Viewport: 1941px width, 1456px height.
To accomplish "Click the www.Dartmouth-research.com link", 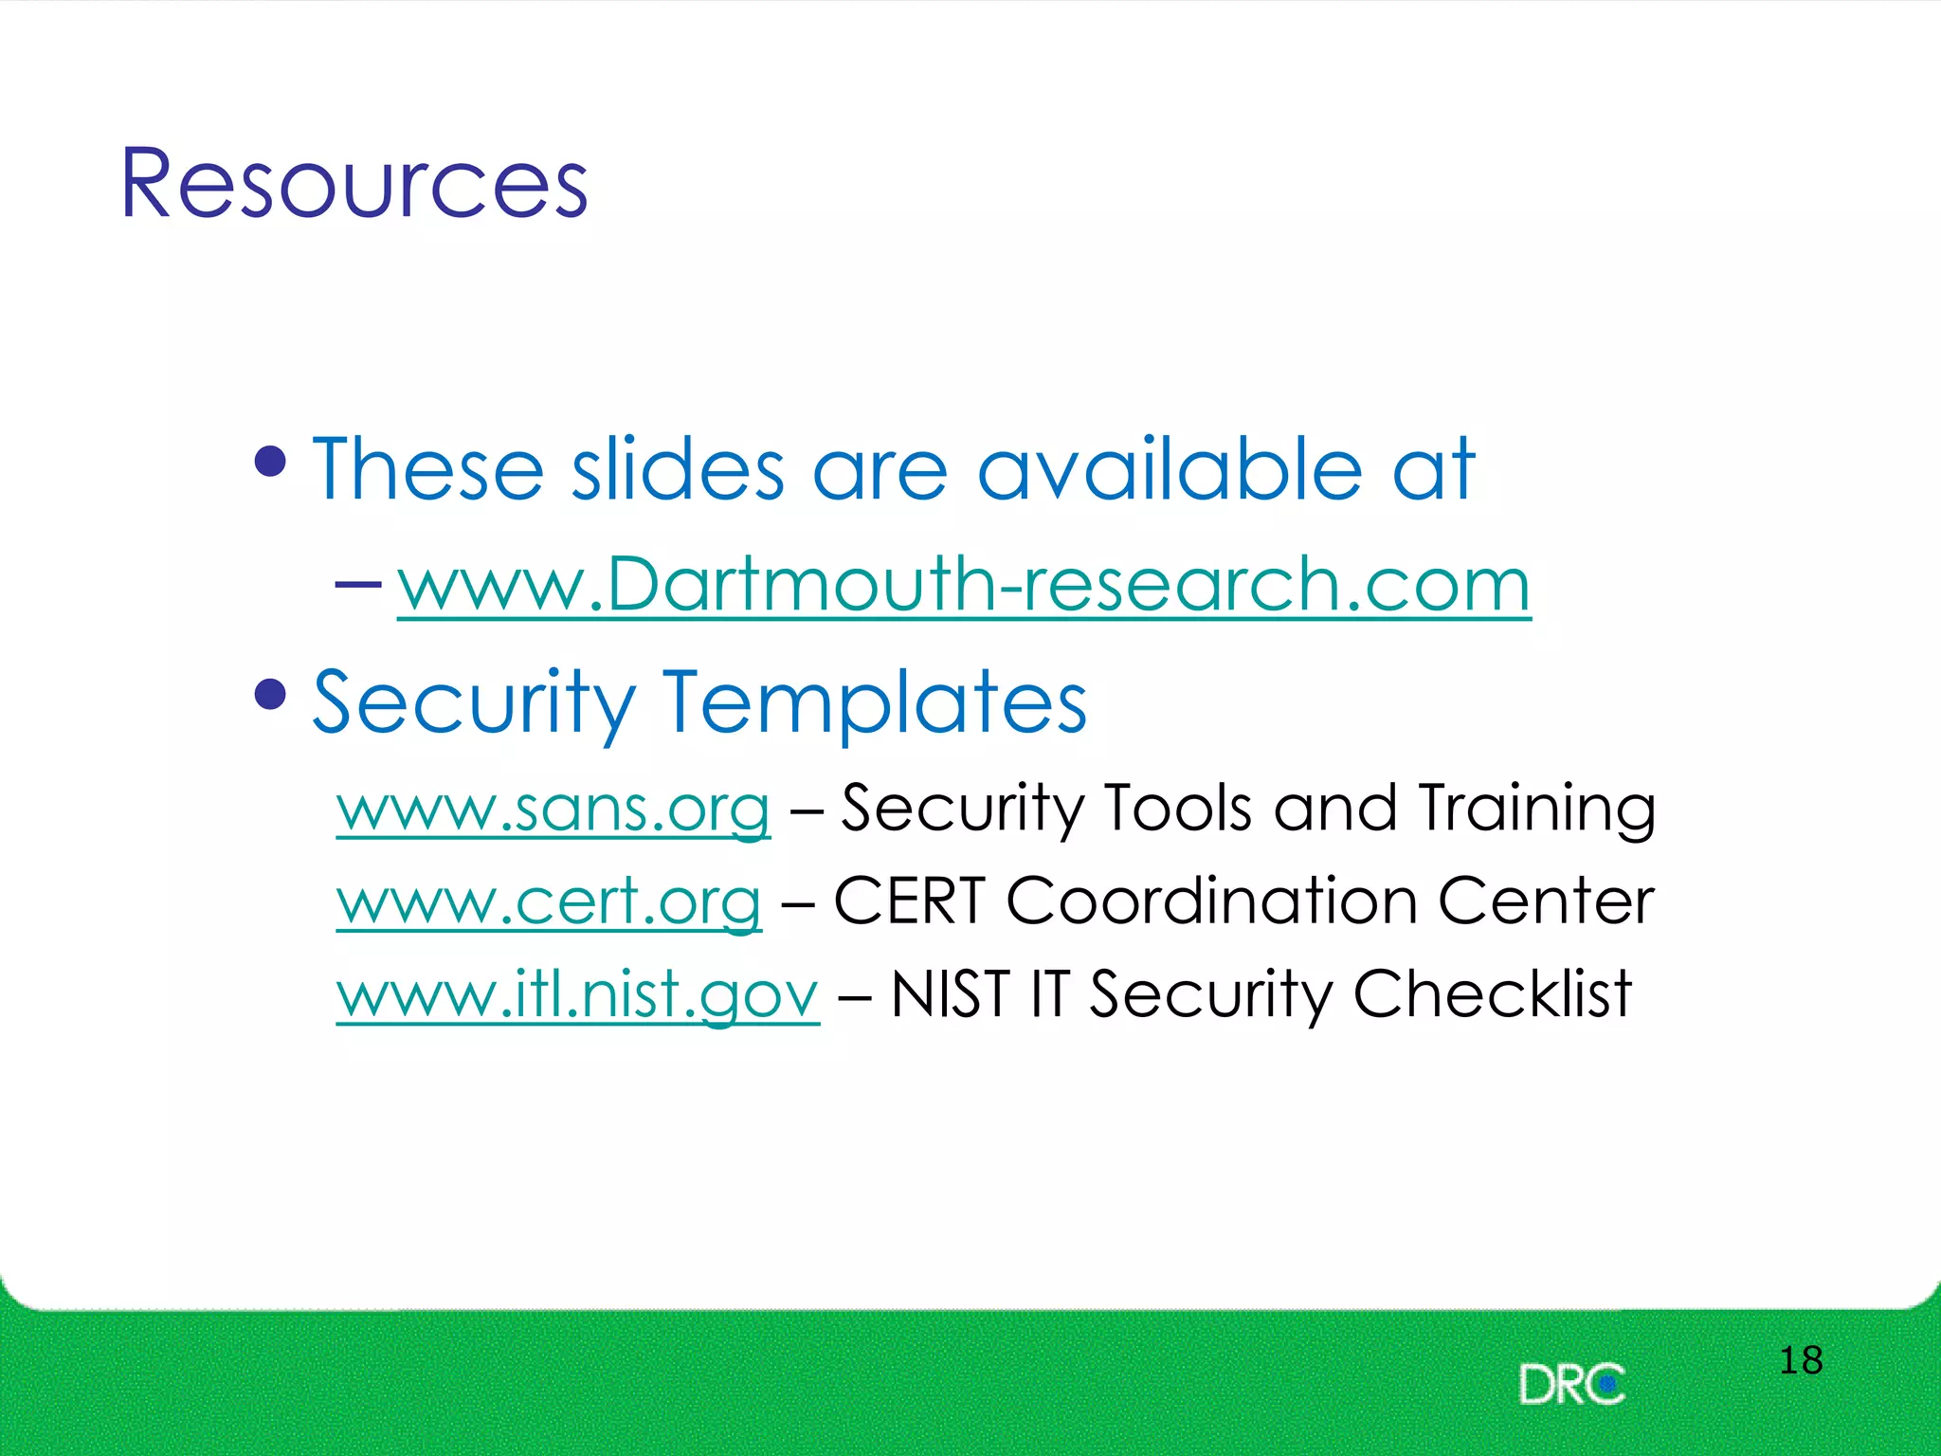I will click(963, 584).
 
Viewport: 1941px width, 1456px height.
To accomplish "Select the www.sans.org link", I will click(553, 809).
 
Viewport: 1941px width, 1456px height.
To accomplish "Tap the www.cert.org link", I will click(549, 901).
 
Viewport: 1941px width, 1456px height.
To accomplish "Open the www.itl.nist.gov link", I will click(577, 994).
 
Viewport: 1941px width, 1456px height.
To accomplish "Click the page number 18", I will click(1800, 1360).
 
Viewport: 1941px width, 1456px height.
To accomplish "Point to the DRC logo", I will click(1571, 1385).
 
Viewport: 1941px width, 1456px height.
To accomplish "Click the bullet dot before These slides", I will click(271, 462).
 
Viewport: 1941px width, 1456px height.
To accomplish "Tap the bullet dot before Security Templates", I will click(271, 694).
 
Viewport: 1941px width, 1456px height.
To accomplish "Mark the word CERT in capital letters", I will click(910, 901).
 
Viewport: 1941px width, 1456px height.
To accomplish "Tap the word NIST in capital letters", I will click(950, 994).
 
